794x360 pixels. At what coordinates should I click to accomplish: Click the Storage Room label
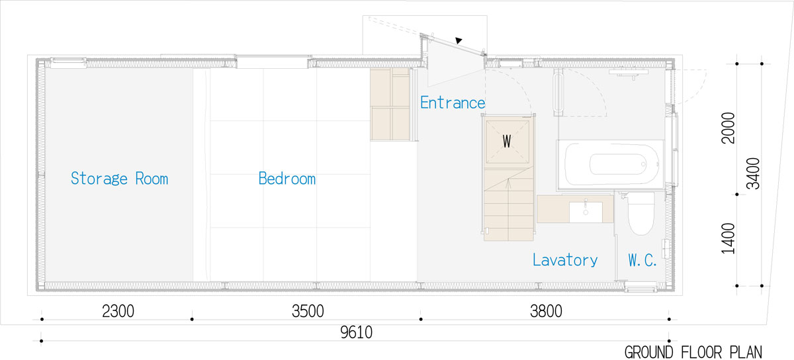(x=120, y=179)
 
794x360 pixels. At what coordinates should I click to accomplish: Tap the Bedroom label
(x=287, y=179)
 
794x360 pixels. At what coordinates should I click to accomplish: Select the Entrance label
(x=453, y=103)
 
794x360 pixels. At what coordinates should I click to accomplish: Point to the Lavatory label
(x=565, y=260)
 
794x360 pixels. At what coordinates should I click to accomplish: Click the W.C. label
(x=642, y=260)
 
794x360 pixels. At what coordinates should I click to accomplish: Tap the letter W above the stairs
(x=507, y=142)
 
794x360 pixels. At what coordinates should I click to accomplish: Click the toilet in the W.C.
(x=641, y=214)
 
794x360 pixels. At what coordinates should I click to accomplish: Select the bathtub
(x=610, y=165)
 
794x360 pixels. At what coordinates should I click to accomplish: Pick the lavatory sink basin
(x=586, y=212)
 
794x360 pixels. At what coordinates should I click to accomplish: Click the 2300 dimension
(x=118, y=312)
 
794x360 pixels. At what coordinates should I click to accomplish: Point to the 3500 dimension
(x=308, y=312)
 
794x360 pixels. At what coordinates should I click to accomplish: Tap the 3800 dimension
(x=546, y=312)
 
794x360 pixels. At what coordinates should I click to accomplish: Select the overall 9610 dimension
(x=356, y=333)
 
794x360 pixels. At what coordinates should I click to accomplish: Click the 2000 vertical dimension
(x=728, y=128)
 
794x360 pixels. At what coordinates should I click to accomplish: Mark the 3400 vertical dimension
(x=753, y=174)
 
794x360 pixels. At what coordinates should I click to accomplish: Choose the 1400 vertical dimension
(x=728, y=239)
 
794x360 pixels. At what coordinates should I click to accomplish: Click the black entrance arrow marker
(x=459, y=40)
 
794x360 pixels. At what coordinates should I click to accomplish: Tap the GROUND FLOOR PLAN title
(x=693, y=353)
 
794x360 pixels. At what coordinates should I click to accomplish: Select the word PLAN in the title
(x=746, y=353)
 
